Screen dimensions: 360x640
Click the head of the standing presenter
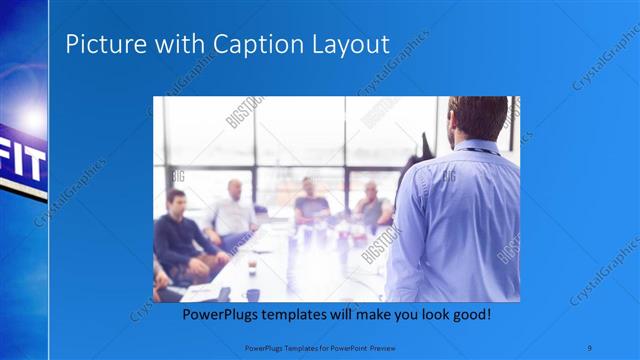[478, 118]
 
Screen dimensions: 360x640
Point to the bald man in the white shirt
[234, 210]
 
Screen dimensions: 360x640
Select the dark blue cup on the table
[252, 295]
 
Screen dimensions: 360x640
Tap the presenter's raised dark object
[424, 146]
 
